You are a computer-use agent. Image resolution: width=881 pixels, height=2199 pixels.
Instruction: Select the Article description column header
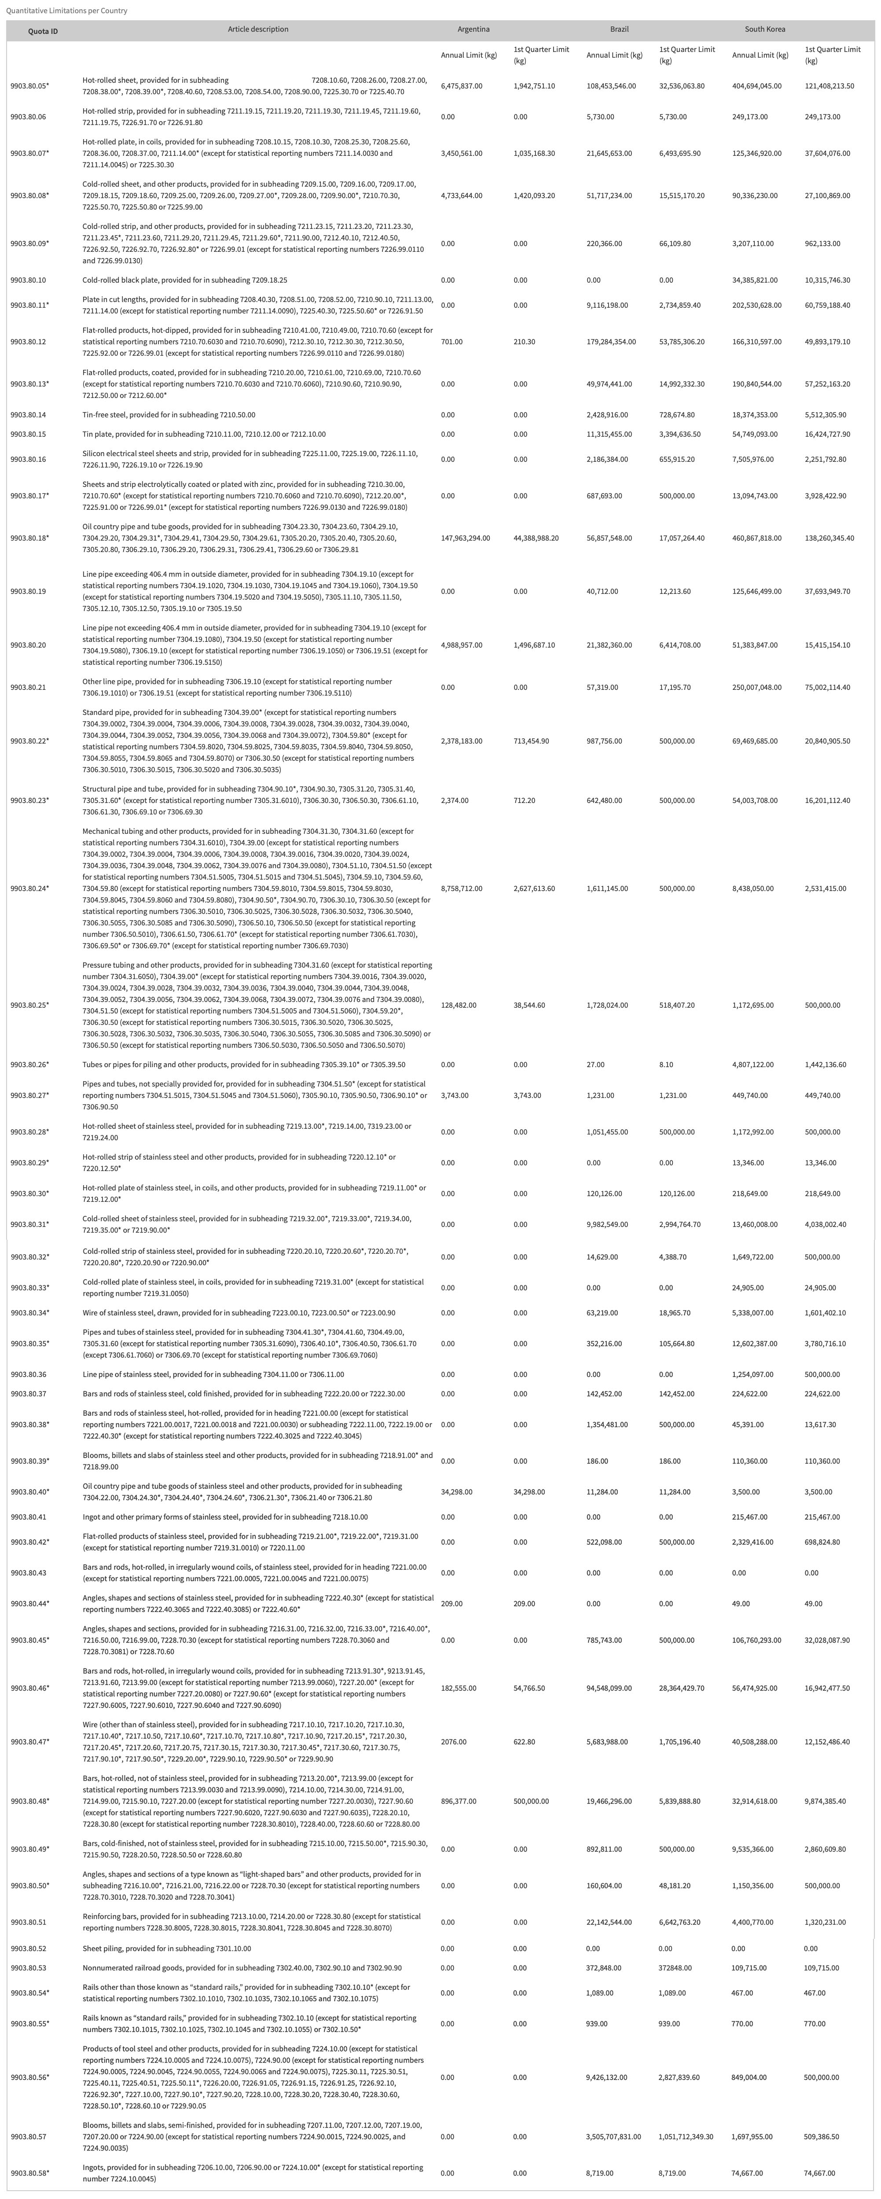tap(258, 29)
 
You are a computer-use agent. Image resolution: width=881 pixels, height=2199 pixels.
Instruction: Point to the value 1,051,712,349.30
tap(686, 2130)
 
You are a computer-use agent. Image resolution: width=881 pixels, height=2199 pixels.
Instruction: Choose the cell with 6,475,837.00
tap(461, 86)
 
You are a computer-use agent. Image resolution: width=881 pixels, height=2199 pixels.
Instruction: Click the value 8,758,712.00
tap(461, 889)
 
